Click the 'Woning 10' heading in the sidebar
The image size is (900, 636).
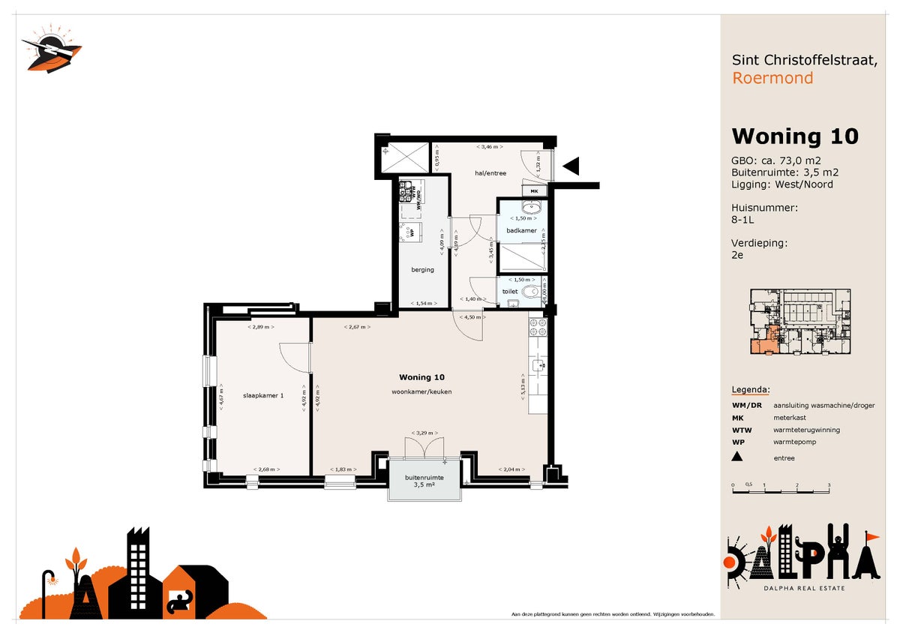click(794, 136)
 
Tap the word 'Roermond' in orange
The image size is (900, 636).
click(772, 78)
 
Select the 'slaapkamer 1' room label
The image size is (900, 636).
click(262, 395)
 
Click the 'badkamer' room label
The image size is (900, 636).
click(521, 230)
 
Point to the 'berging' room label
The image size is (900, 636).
click(422, 270)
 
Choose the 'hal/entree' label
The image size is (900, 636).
click(490, 173)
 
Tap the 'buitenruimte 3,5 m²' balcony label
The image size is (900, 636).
click(424, 481)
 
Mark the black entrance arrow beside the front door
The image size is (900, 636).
click(571, 166)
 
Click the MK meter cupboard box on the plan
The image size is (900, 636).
click(535, 191)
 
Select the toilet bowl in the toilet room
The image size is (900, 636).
click(531, 291)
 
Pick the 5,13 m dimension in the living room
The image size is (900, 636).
click(523, 388)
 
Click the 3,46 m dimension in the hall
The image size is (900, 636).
click(489, 147)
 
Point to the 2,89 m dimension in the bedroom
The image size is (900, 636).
click(260, 328)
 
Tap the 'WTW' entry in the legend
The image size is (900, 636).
click(742, 430)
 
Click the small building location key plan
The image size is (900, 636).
click(801, 322)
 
